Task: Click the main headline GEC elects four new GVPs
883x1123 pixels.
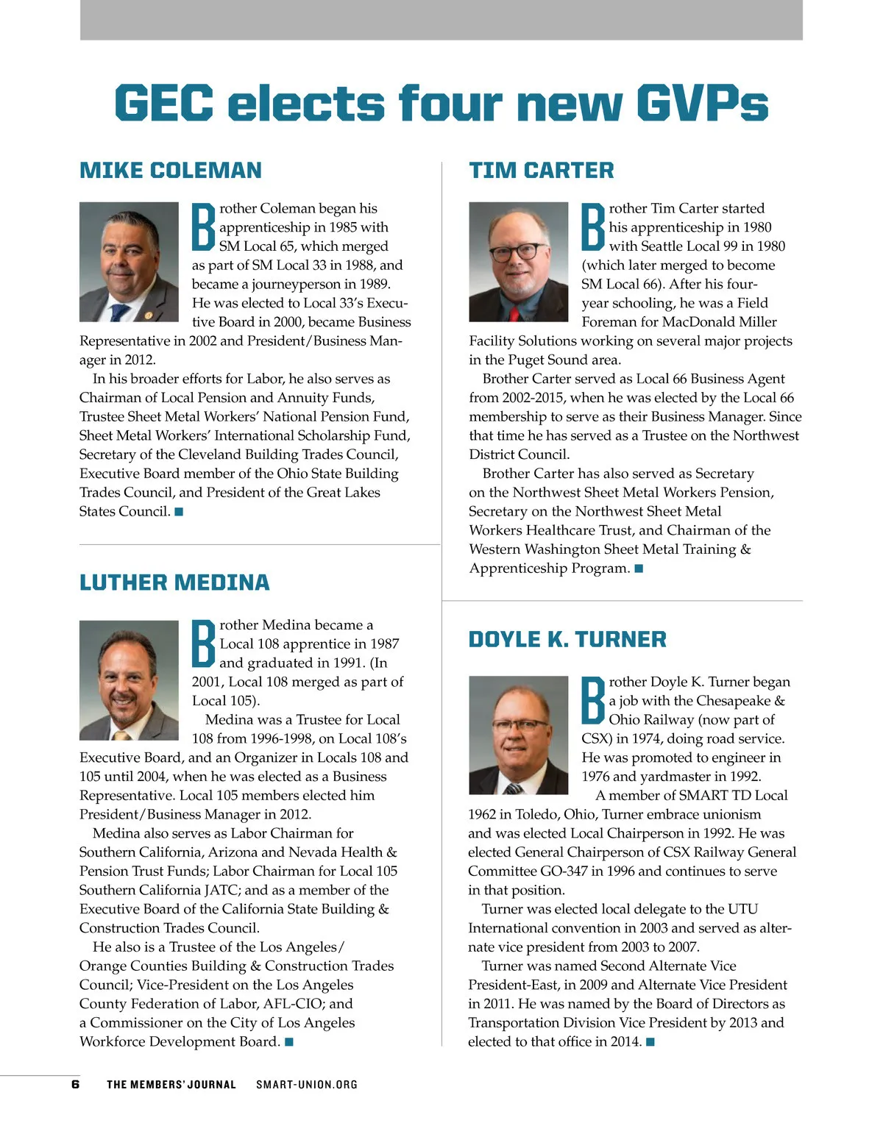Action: tap(441, 103)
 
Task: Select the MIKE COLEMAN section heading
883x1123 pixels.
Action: tap(170, 171)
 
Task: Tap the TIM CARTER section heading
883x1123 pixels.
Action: tap(541, 171)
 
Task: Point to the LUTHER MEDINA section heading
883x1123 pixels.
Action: tap(174, 583)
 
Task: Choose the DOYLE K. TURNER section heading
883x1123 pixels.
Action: tap(567, 640)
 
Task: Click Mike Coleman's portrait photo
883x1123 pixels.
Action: tap(129, 262)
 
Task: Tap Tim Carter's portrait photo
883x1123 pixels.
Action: tap(518, 262)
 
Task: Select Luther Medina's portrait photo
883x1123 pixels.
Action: tap(129, 680)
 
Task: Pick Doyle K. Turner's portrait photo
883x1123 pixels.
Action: tap(518, 735)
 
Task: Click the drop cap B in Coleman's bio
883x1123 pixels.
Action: tap(203, 227)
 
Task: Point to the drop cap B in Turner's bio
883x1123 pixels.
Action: tap(593, 701)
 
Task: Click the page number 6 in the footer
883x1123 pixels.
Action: tap(75, 1085)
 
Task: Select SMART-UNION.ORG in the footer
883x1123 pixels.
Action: tap(307, 1085)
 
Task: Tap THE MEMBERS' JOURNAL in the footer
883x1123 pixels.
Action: tap(171, 1085)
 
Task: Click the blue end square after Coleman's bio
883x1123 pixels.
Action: tap(179, 511)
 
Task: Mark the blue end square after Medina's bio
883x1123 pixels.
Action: tap(289, 1041)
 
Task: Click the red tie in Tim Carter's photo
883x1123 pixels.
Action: tap(514, 313)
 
